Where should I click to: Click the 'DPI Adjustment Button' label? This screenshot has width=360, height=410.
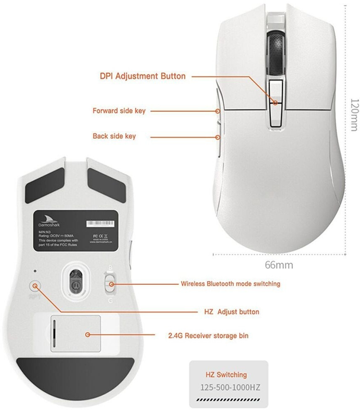click(142, 76)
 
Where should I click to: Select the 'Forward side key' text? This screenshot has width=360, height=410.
click(119, 111)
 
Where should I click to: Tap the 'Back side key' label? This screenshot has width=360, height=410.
click(114, 137)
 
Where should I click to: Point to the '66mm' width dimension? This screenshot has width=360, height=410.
click(279, 265)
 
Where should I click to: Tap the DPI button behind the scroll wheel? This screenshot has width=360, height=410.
click(276, 102)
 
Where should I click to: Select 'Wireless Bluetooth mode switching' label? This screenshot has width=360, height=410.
click(230, 284)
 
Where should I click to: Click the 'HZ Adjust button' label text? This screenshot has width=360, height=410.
click(229, 312)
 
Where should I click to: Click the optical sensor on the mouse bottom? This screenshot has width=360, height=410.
click(76, 279)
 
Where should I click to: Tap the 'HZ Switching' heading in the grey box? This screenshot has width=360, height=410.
click(226, 375)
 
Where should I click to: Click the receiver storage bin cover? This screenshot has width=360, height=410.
click(76, 334)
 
